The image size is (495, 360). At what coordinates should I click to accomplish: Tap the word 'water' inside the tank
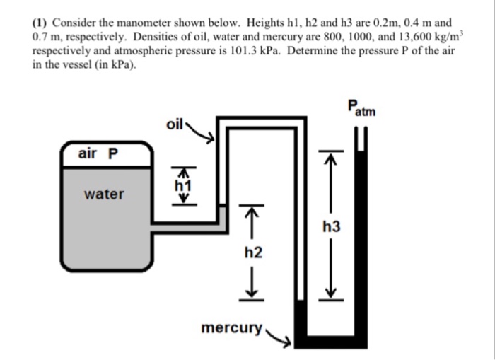[104, 193]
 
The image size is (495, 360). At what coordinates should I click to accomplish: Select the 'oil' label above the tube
[175, 124]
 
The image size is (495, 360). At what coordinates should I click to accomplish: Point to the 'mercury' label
[231, 328]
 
